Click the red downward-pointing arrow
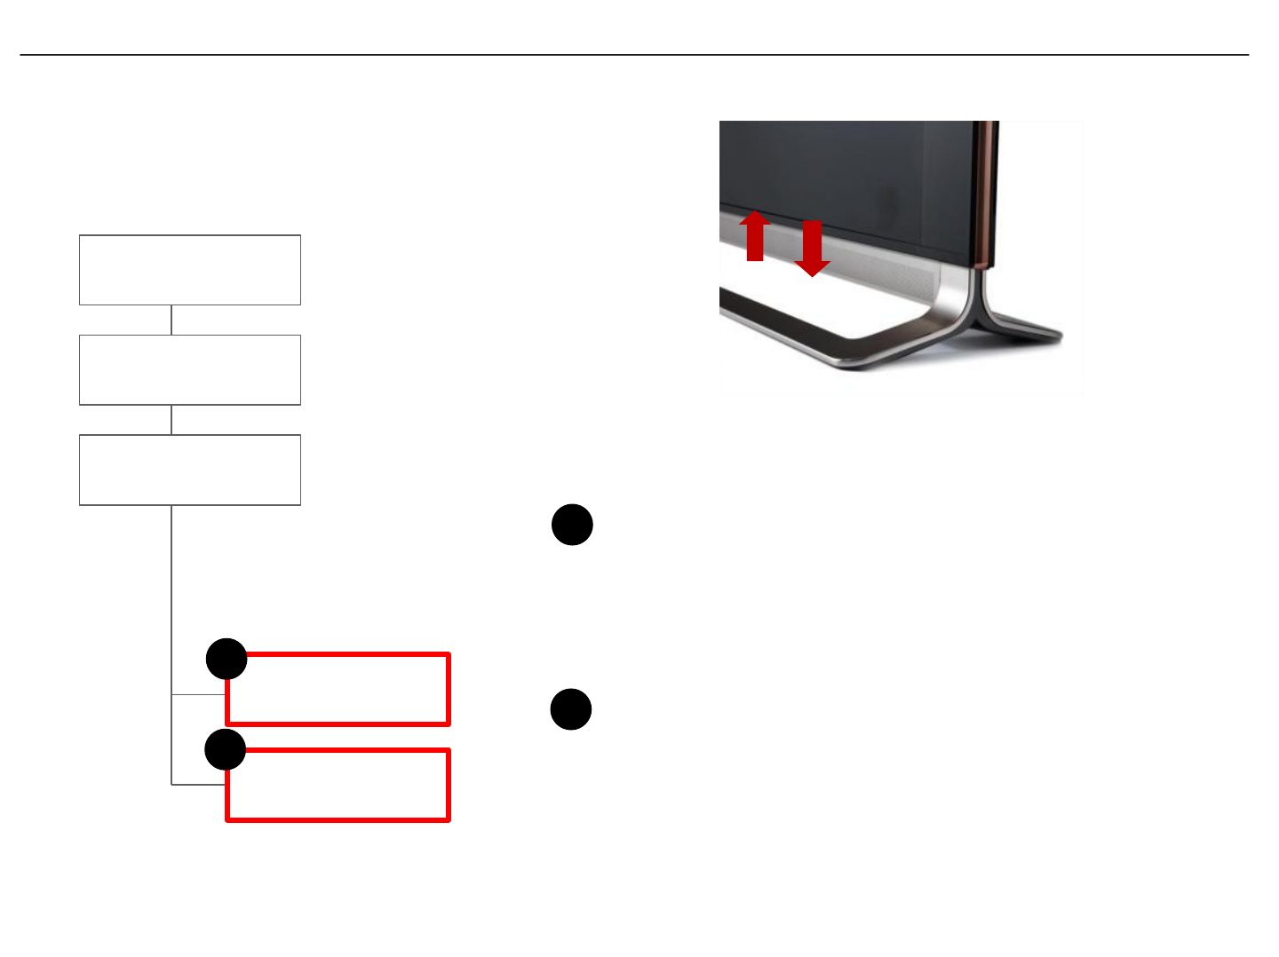point(811,249)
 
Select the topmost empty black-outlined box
point(190,270)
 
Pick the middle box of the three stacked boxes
point(190,370)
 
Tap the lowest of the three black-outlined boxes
point(190,471)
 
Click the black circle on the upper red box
point(226,659)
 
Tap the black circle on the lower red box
point(226,750)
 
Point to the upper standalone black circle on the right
point(572,525)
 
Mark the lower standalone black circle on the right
point(571,709)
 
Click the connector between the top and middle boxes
point(171,320)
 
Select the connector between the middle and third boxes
point(171,420)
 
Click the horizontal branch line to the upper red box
point(197,694)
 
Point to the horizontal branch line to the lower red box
point(197,785)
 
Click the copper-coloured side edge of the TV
point(985,195)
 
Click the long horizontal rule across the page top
point(634,55)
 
